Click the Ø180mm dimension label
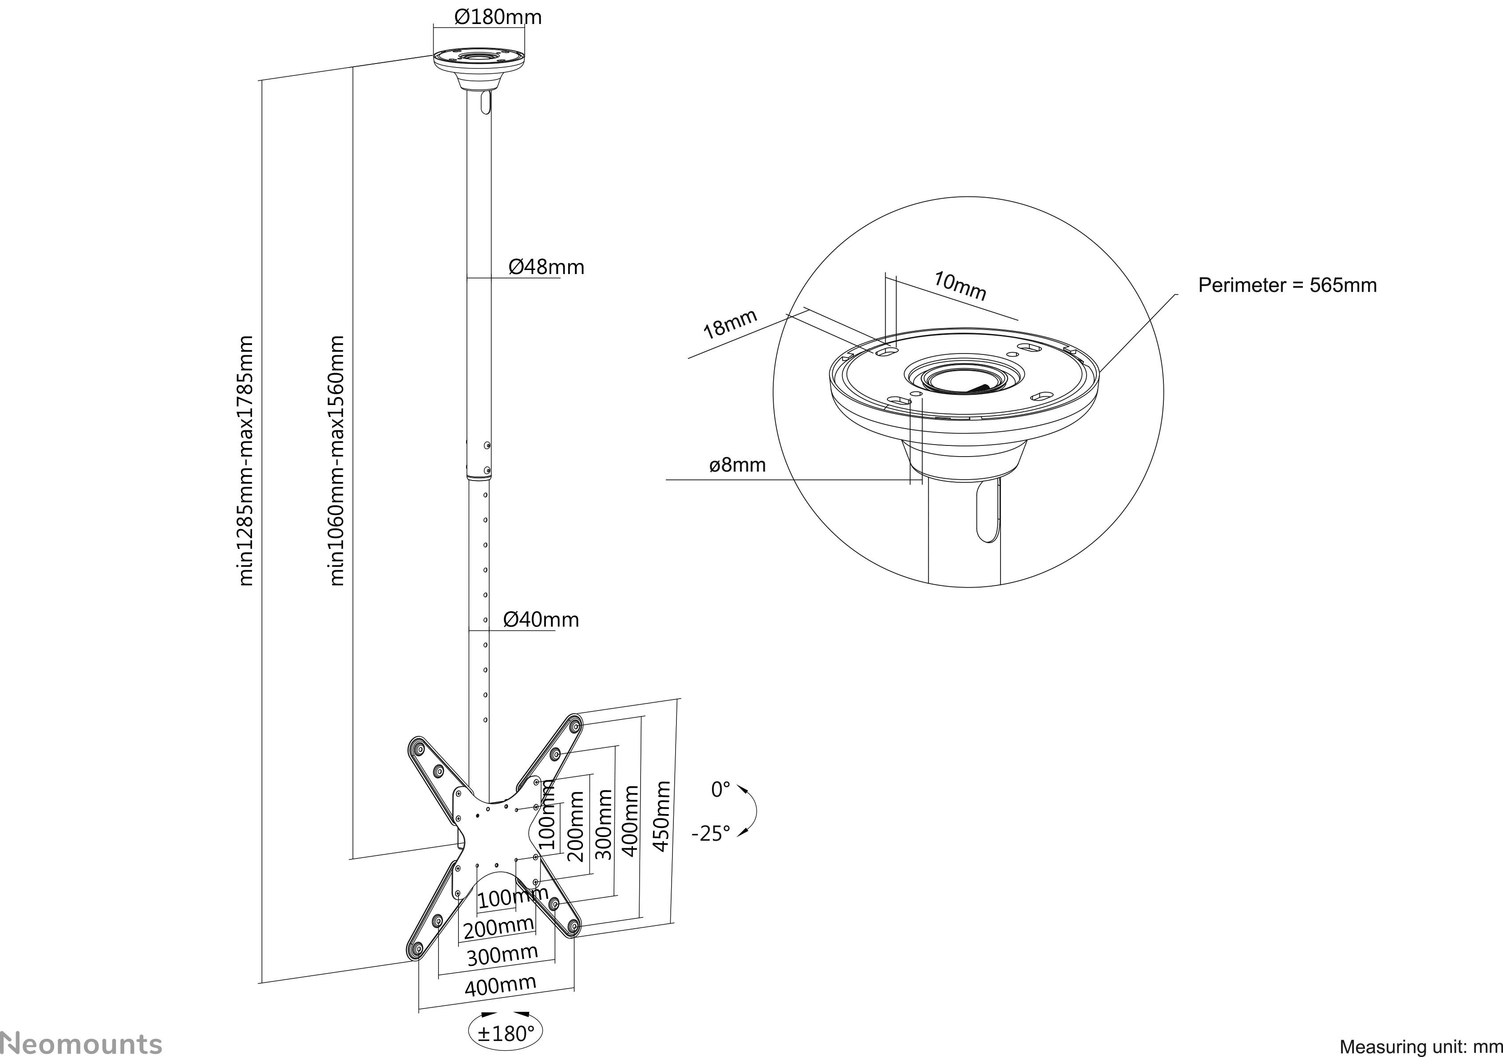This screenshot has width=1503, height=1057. point(498,16)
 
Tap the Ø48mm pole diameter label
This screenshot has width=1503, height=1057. point(546,266)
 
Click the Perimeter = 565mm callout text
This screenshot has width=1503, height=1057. point(1287,285)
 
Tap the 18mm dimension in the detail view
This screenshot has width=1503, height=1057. point(730,323)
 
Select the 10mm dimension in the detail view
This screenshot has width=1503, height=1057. point(960,286)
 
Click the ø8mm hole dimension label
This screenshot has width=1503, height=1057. point(737,465)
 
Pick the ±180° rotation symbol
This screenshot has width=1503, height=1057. point(505,1033)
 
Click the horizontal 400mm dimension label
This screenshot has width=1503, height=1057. point(500,985)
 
